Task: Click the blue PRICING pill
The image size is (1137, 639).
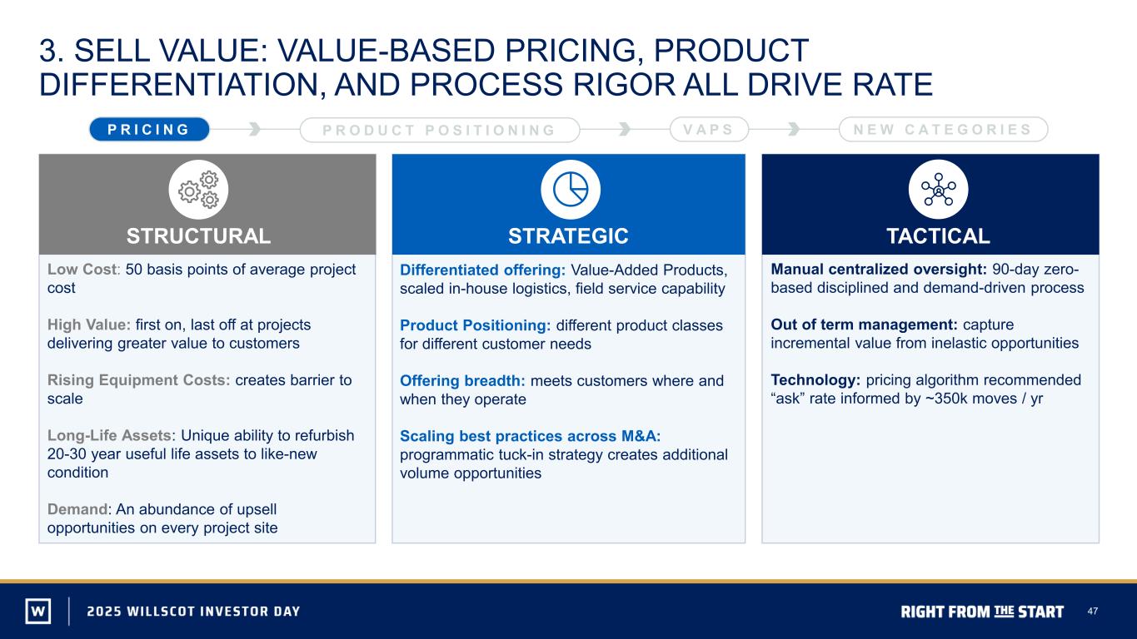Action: click(149, 129)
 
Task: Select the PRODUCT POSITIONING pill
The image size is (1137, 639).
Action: click(440, 130)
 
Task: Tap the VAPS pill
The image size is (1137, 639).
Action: click(709, 129)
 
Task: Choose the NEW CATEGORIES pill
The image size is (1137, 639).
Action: click(943, 129)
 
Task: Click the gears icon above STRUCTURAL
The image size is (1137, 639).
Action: click(198, 190)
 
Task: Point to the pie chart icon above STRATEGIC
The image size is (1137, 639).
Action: click(571, 190)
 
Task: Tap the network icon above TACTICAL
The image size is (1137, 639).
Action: click(939, 190)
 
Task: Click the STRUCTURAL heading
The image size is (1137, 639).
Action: click(198, 235)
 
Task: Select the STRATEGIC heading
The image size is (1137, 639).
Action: click(568, 235)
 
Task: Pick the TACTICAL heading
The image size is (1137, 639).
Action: click(938, 235)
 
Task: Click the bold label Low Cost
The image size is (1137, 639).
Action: click(82, 270)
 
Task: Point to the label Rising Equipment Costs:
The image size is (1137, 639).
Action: click(138, 380)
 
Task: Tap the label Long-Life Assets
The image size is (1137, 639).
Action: click(109, 435)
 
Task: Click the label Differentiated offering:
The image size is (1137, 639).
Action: click(482, 270)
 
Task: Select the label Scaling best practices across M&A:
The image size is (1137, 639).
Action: click(531, 436)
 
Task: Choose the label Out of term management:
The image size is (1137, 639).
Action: click(864, 324)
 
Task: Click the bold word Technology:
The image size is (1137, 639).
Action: click(815, 380)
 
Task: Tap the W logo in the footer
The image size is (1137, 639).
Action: click(38, 611)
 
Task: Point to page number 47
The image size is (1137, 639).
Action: click(1092, 612)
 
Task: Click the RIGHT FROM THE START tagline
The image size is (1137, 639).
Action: click(982, 612)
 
